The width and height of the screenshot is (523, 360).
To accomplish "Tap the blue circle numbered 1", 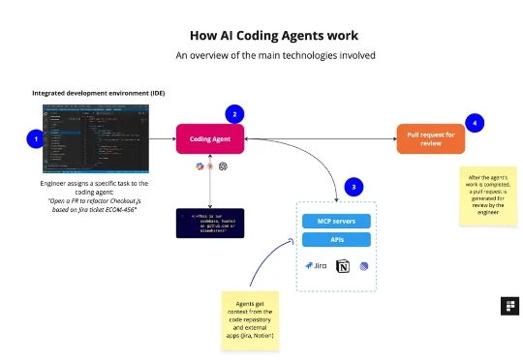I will coord(36,139).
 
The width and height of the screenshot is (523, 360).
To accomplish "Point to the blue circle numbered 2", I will coord(233,114).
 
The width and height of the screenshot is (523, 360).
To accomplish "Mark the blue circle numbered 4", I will coord(474,123).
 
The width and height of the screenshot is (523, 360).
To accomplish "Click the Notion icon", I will coord(341,265).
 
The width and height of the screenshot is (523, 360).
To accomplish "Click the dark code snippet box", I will coord(209,223).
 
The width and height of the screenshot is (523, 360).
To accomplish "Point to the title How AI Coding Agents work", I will coord(261,36).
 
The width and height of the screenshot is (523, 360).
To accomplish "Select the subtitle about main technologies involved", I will coord(261,56).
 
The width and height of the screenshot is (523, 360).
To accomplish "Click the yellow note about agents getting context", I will coord(250,318).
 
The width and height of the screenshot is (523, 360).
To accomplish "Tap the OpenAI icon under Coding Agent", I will coord(223,167).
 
